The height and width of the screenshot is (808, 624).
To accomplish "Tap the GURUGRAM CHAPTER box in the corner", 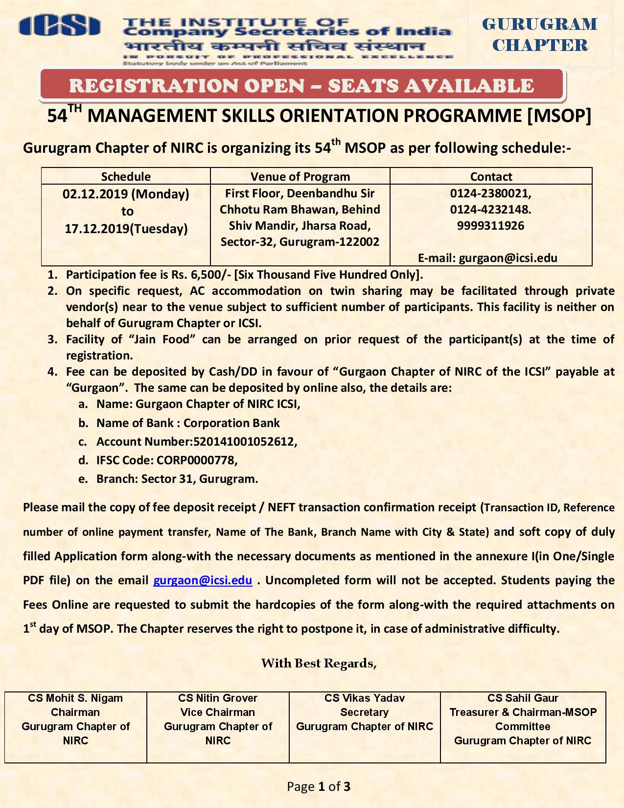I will tap(539, 34).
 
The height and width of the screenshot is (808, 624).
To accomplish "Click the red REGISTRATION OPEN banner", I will tap(301, 86).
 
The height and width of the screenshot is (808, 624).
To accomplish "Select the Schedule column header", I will tap(126, 176).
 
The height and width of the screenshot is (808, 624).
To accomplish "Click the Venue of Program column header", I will tap(300, 176).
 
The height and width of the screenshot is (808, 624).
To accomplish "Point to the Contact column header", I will tap(491, 176).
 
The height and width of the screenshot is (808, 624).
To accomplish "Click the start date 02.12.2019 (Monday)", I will tap(126, 194).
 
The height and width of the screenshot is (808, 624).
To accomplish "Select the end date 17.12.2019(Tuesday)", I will tap(126, 229).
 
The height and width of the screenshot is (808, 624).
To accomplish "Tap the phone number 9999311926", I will tap(490, 226).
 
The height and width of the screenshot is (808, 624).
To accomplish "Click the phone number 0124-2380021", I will tap(490, 193).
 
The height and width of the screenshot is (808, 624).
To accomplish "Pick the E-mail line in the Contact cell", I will tap(487, 258).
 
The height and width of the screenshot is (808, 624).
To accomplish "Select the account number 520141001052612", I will tap(244, 442).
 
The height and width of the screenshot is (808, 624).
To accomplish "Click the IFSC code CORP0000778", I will tap(196, 460).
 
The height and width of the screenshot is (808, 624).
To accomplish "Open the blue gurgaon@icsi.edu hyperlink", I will tap(203, 581).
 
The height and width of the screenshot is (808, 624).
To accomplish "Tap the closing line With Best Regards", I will tap(319, 664).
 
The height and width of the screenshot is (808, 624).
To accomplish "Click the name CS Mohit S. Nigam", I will tap(75, 698).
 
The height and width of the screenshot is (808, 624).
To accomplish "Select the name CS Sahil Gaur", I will tap(523, 698).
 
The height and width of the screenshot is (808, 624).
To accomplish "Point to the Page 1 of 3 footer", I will tap(319, 787).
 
